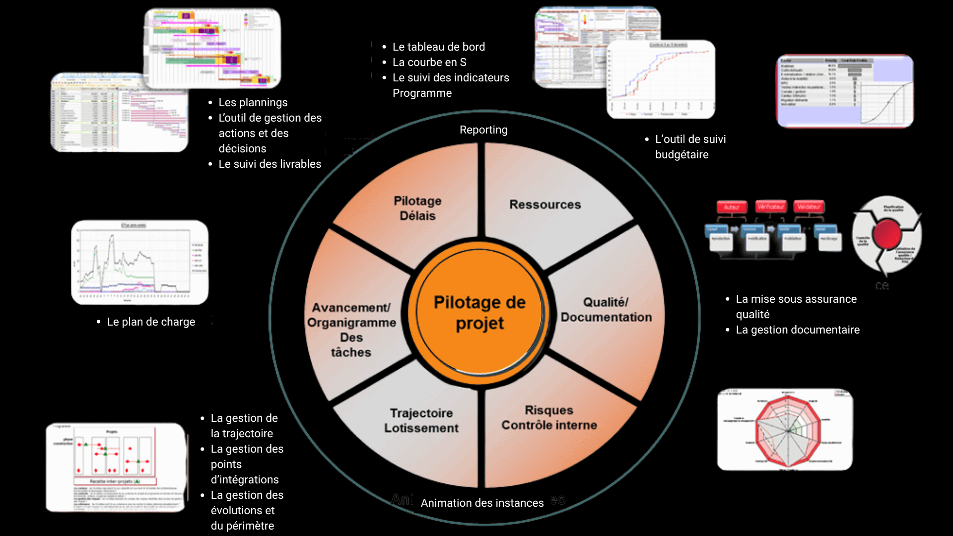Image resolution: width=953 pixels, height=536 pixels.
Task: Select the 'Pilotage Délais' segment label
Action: click(x=417, y=208)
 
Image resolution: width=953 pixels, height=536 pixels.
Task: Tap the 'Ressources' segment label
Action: click(x=545, y=204)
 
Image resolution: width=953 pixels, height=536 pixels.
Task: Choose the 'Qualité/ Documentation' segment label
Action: click(x=606, y=310)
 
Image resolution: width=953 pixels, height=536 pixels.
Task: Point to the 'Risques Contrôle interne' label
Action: click(x=549, y=418)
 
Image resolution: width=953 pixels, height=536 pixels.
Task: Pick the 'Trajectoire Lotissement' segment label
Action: click(x=421, y=420)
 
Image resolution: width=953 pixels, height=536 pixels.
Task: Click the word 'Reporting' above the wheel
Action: click(x=483, y=130)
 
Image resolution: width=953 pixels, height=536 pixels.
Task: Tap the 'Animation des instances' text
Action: click(x=482, y=503)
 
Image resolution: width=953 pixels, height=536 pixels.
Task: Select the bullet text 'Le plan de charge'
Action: click(x=151, y=322)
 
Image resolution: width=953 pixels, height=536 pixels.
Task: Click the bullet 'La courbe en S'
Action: click(x=429, y=63)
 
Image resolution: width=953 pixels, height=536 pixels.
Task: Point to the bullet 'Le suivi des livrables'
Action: click(x=270, y=164)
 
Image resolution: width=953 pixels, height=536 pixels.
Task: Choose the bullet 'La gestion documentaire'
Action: click(x=798, y=330)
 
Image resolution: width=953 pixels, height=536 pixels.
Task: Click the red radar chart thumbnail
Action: click(x=785, y=430)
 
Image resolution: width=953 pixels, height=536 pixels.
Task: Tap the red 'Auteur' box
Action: click(x=732, y=207)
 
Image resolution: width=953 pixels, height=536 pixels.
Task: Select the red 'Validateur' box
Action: click(x=809, y=207)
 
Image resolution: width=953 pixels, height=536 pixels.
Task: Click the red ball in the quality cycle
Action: click(x=887, y=234)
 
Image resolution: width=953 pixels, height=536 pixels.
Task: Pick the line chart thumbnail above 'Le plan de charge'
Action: click(x=139, y=262)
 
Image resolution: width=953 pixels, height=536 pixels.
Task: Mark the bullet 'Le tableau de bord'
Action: click(x=438, y=47)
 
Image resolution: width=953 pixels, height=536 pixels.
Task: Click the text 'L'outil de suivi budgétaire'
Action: click(x=690, y=147)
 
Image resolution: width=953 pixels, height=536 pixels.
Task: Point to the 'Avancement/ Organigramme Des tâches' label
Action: click(x=351, y=330)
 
